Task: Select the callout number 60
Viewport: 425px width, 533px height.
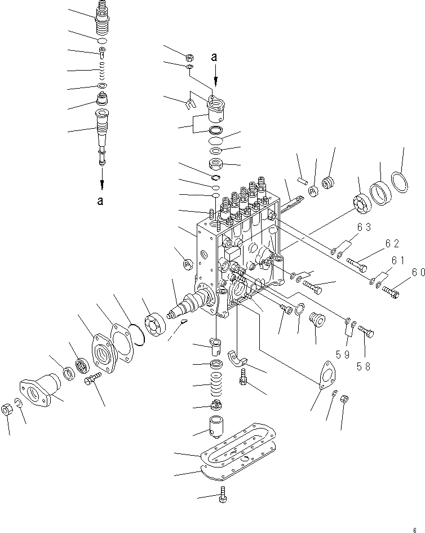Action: point(418,272)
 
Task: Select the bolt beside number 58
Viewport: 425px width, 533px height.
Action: point(365,333)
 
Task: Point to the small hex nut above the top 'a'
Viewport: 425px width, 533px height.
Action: point(190,57)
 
